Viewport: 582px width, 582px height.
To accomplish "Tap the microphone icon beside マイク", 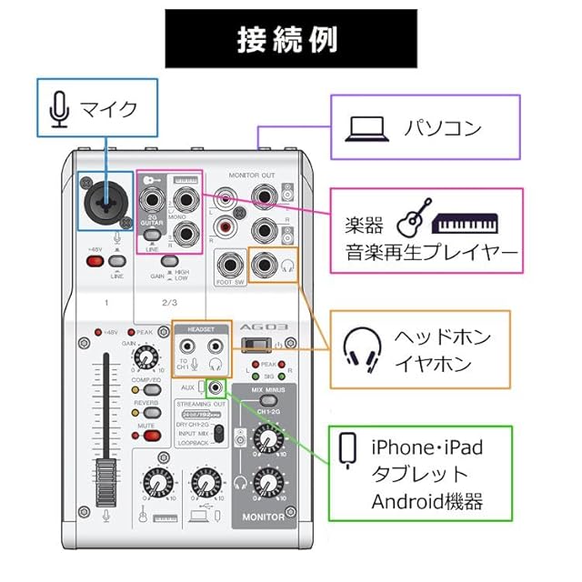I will [59, 109].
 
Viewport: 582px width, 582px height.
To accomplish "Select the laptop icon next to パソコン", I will [364, 128].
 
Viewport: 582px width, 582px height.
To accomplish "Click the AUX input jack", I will [216, 388].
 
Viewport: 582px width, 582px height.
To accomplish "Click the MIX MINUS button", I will [265, 400].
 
